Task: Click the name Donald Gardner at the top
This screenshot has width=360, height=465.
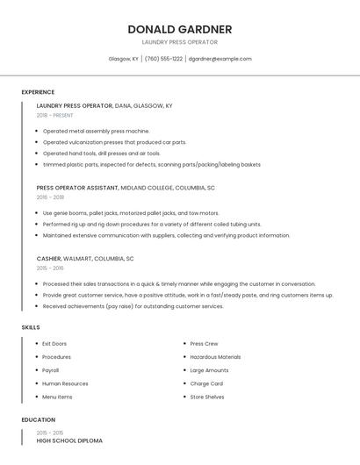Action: pos(179,29)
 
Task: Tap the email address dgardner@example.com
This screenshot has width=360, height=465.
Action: pos(220,59)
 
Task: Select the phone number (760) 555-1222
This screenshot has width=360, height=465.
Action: pos(163,59)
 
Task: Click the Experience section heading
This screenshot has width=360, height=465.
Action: pos(38,92)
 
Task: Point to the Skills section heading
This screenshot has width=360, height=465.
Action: pos(31,327)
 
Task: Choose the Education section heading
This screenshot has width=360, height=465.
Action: pos(39,419)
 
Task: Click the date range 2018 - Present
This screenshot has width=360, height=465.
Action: pos(54,115)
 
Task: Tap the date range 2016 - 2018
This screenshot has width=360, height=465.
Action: pos(50,197)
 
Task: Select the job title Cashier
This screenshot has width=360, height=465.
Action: pos(49,259)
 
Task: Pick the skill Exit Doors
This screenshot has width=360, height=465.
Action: pos(54,344)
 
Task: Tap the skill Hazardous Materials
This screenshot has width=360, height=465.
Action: pos(215,357)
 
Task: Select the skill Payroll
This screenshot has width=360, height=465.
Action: pos(50,370)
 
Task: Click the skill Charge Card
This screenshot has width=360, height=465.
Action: pos(206,383)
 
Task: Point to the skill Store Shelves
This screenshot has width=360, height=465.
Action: pos(207,397)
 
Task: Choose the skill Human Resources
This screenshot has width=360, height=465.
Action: pos(65,383)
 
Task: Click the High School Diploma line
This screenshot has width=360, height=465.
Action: pos(69,440)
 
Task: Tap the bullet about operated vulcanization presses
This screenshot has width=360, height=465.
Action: pos(114,142)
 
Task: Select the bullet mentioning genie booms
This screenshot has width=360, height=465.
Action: pos(131,213)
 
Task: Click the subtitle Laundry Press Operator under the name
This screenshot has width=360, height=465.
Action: pos(179,42)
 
